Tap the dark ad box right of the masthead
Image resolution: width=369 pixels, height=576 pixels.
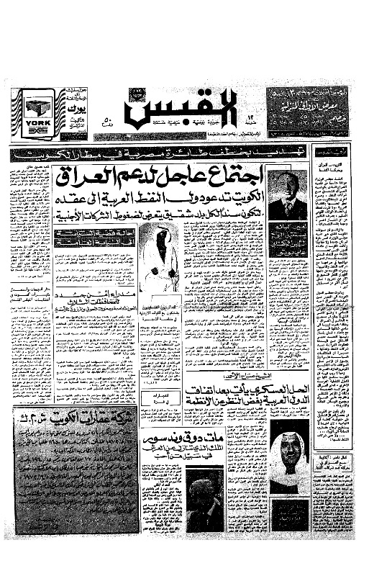point(307,112)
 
